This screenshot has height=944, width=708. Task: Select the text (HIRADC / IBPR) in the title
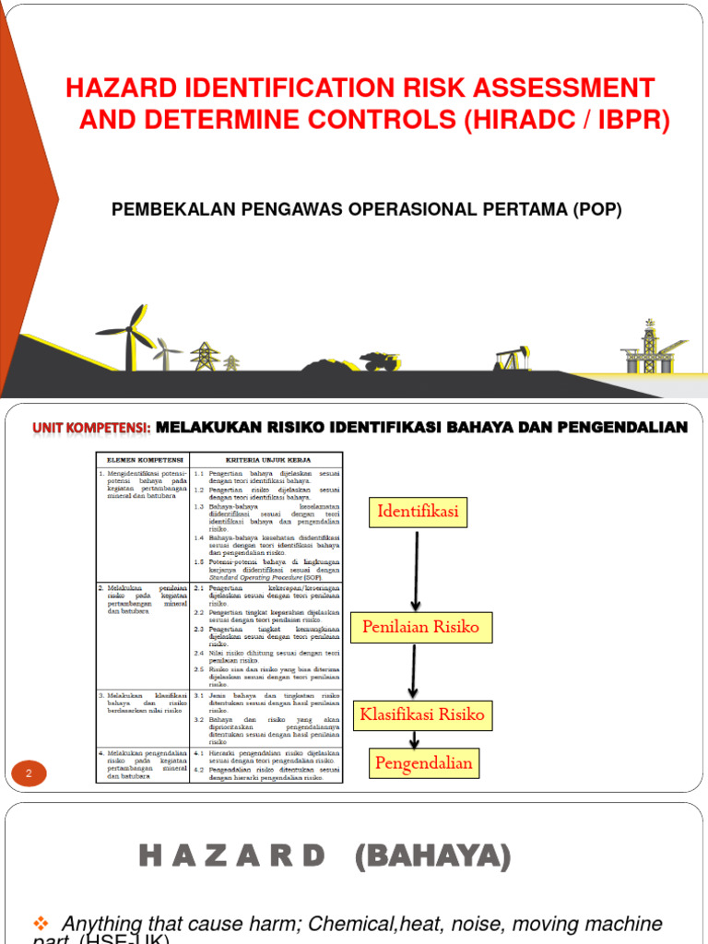coord(568,121)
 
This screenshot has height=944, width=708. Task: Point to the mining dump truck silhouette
coord(379,360)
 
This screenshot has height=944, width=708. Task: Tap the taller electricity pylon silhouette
coord(203,355)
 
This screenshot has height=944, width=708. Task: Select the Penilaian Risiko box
coord(420,628)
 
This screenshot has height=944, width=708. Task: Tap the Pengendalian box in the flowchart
coord(422,762)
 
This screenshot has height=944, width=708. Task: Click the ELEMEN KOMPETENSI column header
coord(144,459)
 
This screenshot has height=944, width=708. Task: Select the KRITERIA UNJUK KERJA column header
coord(267,459)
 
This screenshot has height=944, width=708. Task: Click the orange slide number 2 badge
coord(29,774)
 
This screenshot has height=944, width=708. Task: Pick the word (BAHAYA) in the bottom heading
coord(432,857)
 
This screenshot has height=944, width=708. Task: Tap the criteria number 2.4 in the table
coord(198,651)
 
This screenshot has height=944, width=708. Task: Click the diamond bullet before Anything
coord(40,923)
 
